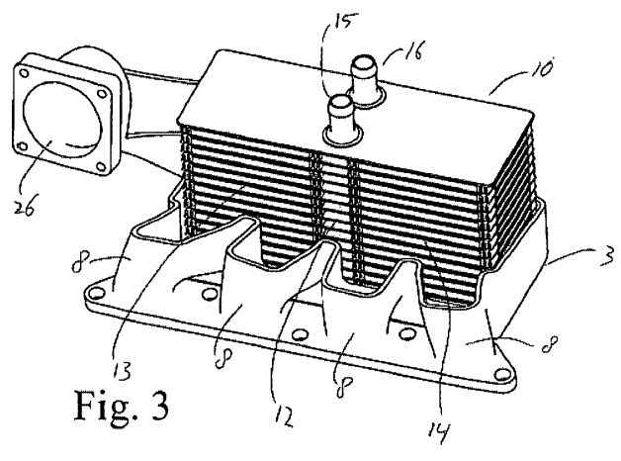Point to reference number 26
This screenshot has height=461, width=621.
pyautogui.click(x=24, y=207)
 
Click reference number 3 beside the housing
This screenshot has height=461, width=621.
pyautogui.click(x=606, y=255)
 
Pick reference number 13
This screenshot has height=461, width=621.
pyautogui.click(x=122, y=371)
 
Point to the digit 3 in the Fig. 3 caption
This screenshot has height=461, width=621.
pyautogui.click(x=159, y=406)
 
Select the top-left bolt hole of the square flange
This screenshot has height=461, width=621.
pyautogui.click(x=24, y=73)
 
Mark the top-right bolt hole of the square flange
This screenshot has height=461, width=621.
pyautogui.click(x=102, y=94)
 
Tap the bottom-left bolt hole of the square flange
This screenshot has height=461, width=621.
pyautogui.click(x=23, y=146)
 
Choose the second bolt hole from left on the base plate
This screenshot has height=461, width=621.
pyautogui.click(x=209, y=294)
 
